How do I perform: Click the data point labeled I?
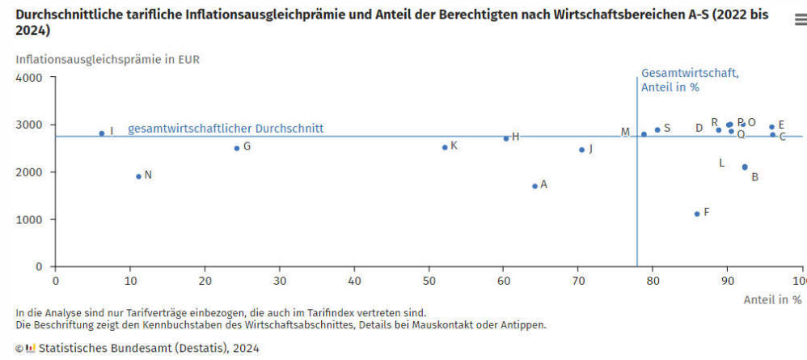[x=102, y=133]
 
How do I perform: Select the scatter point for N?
[x=138, y=176]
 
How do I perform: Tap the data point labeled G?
[x=237, y=148]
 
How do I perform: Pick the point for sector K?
[x=445, y=147]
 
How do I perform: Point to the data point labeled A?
[x=534, y=186]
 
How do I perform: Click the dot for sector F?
[x=696, y=214]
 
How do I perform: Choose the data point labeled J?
[x=581, y=150]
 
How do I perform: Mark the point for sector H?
[x=506, y=138]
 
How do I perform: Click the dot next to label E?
[x=771, y=127]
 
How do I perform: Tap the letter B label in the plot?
[x=754, y=177]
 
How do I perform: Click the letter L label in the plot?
[x=722, y=163]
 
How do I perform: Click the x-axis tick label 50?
[x=429, y=281]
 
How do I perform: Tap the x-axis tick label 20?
[x=205, y=281]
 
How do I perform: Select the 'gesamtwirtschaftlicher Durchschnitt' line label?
[x=226, y=129]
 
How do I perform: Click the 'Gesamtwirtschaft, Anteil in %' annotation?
[x=690, y=80]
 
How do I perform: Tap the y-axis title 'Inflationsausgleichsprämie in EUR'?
[x=108, y=59]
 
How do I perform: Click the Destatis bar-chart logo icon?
[x=31, y=349]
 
